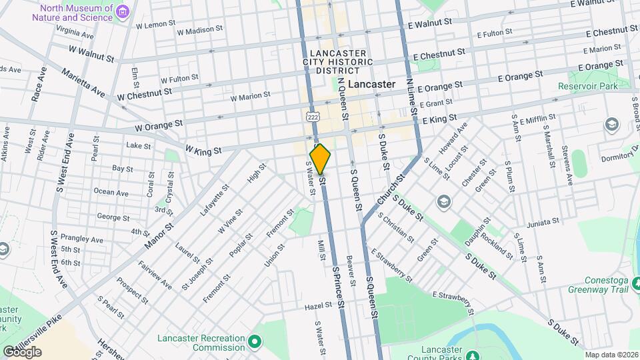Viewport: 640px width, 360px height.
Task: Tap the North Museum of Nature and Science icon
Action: click(121, 12)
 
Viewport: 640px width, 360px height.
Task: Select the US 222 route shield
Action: click(311, 116)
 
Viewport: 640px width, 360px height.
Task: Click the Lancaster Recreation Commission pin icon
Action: click(254, 343)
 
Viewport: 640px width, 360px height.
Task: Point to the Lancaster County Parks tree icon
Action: click(472, 355)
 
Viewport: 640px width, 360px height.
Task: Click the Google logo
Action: click(22, 351)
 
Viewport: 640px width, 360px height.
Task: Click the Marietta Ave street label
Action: click(83, 81)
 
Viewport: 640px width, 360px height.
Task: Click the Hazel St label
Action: click(318, 305)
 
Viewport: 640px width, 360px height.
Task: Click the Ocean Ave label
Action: click(111, 193)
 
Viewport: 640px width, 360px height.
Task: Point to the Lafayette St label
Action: click(214, 200)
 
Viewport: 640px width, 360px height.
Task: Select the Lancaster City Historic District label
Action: click(337, 62)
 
